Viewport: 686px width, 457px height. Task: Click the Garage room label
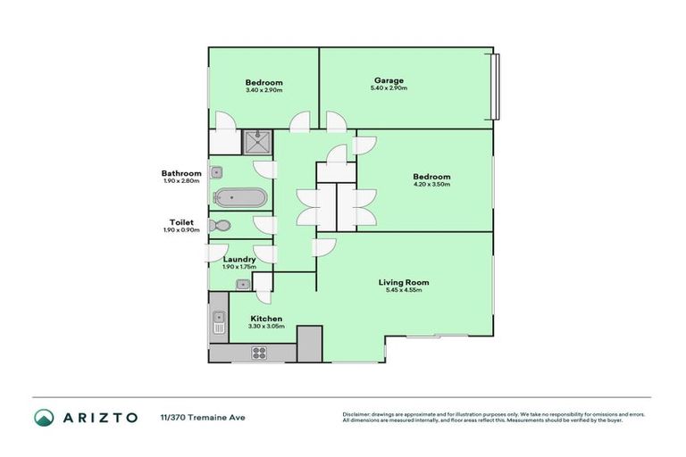pos(389,80)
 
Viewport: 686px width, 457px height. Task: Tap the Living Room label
pos(404,282)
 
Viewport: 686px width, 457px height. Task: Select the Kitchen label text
pos(266,319)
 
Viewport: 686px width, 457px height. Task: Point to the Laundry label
pos(239,259)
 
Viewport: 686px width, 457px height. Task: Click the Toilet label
pos(181,222)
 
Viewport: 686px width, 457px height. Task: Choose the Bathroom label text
pos(181,173)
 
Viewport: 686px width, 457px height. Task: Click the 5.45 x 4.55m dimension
pos(404,290)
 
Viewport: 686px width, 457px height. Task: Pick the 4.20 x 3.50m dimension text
pos(431,185)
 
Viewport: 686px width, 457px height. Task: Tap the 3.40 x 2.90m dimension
pos(264,90)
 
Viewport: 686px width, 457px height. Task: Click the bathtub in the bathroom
pos(238,198)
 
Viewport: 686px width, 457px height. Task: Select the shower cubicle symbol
pos(258,142)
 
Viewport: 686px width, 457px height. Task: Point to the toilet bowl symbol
pos(220,226)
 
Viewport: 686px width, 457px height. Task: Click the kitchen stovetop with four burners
pos(259,353)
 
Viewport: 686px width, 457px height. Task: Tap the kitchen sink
pos(218,322)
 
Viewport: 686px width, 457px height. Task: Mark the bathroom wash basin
pos(216,172)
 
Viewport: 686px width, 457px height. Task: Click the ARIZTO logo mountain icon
pos(44,417)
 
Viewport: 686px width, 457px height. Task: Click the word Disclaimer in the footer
pos(358,414)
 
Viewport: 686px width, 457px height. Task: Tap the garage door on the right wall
pos(497,88)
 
